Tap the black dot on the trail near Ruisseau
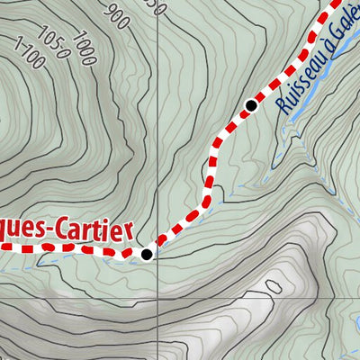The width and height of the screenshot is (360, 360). pos(251,106)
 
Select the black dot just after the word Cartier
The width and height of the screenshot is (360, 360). pos(147,255)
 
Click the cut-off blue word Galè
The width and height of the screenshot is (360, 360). pos(344,31)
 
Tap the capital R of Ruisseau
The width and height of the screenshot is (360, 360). pos(285,106)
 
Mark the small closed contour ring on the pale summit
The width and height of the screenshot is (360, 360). pos(273,287)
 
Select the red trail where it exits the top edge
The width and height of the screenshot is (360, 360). pos(339,3)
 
